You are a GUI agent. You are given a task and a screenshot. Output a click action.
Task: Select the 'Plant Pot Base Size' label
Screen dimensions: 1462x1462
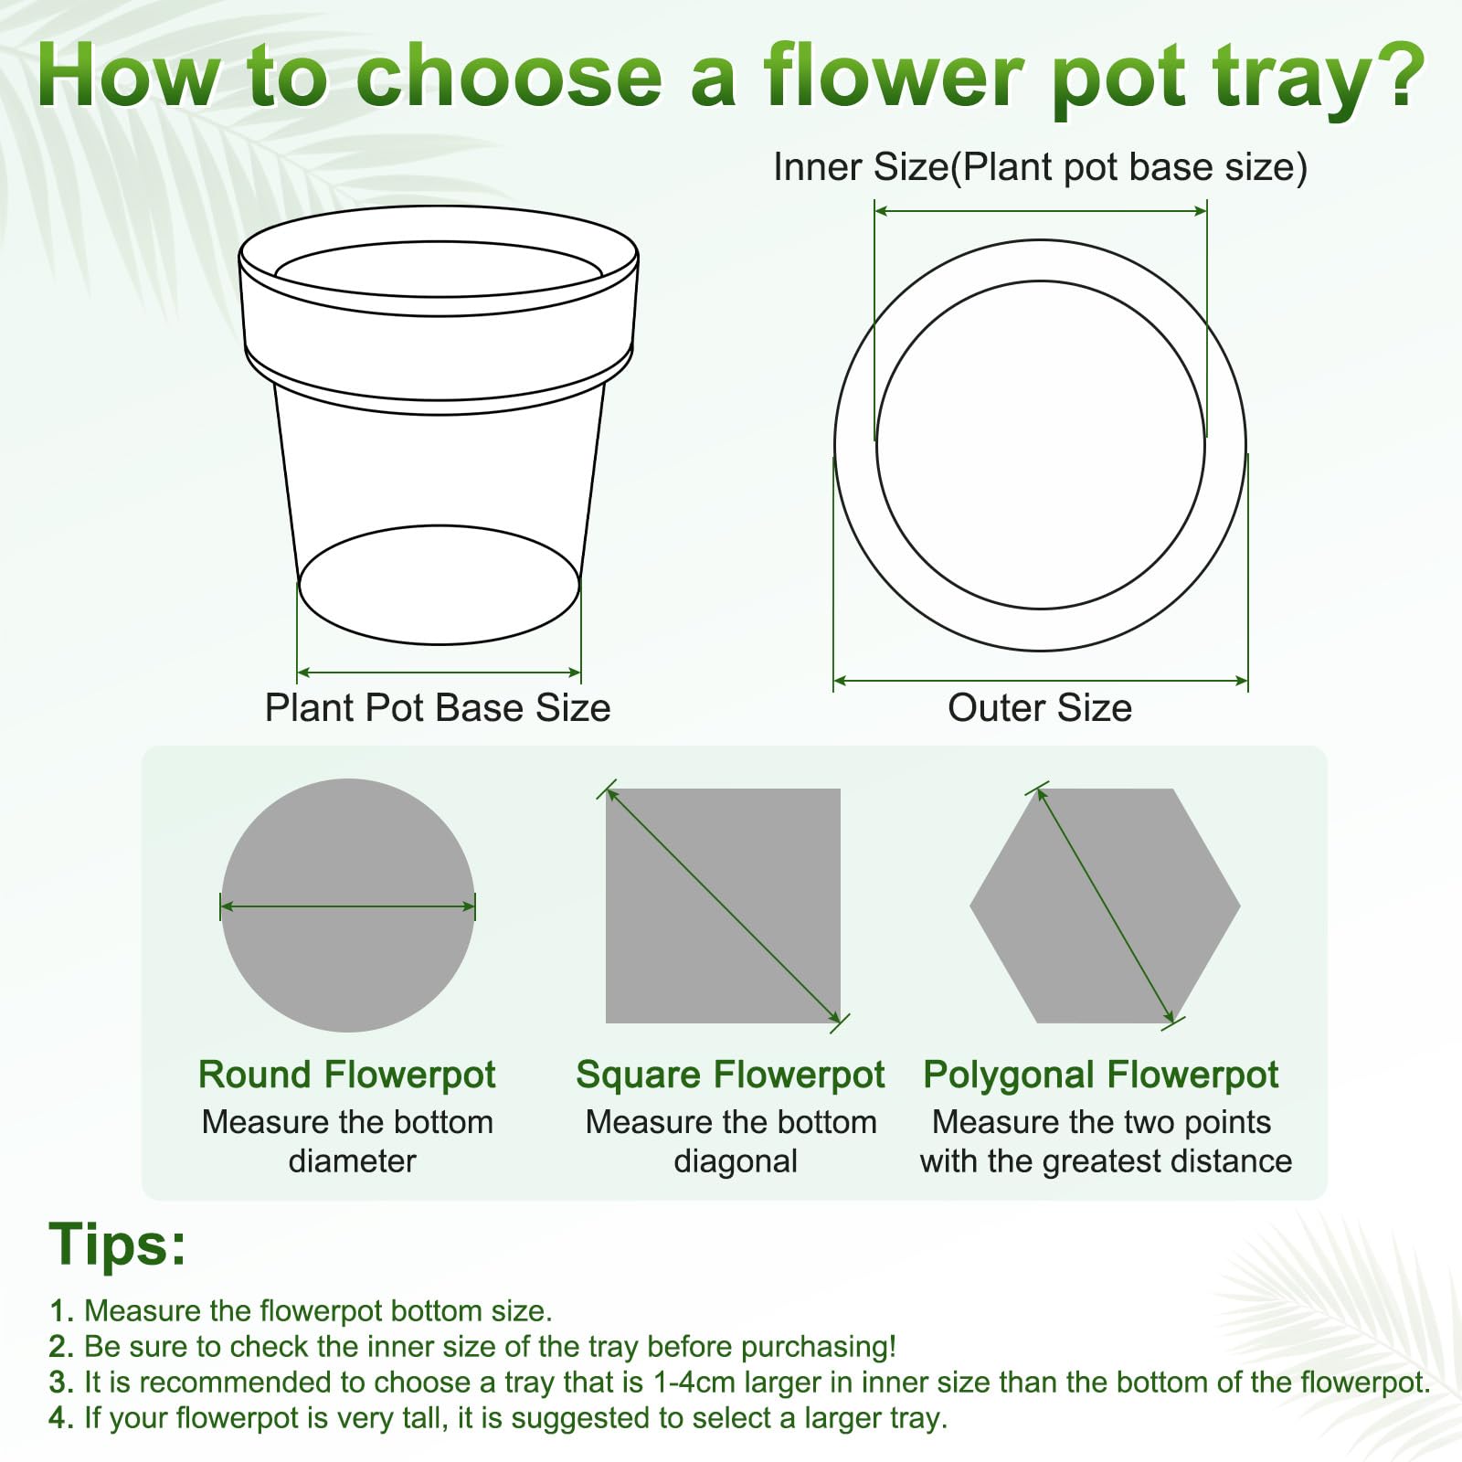pos(438,708)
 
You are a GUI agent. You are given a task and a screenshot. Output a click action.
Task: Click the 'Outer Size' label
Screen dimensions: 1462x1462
pos(1040,708)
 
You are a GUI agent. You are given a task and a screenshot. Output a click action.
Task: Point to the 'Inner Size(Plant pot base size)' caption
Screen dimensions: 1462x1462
pos(1041,168)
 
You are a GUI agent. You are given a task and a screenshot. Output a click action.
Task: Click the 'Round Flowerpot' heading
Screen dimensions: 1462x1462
pos(347,1075)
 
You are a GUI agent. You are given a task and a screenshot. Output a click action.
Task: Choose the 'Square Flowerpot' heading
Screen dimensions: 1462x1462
pos(730,1075)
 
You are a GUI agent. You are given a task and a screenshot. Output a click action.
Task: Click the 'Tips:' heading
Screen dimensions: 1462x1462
pos(117,1244)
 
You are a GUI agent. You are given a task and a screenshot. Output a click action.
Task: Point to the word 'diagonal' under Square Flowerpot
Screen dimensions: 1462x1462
pos(736,1161)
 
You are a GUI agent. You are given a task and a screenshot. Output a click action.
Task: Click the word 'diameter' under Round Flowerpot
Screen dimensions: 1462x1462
pos(352,1161)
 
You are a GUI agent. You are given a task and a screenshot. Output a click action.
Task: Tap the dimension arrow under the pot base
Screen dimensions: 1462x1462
pos(440,673)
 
